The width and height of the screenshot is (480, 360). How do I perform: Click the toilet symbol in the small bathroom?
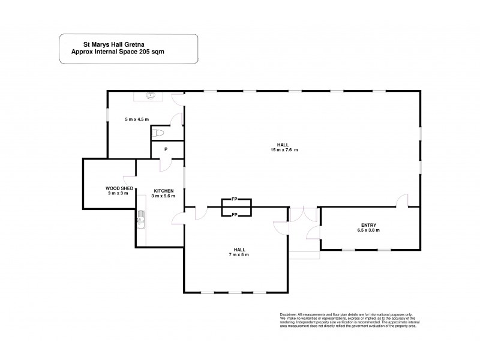(157, 132)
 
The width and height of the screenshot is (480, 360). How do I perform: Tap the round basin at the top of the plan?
(152, 95)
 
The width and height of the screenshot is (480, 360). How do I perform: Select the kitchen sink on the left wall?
(142, 220)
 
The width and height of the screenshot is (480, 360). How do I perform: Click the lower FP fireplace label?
(235, 214)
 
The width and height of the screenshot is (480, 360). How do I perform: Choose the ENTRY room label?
(368, 224)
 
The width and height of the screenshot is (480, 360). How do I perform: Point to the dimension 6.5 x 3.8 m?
(368, 230)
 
